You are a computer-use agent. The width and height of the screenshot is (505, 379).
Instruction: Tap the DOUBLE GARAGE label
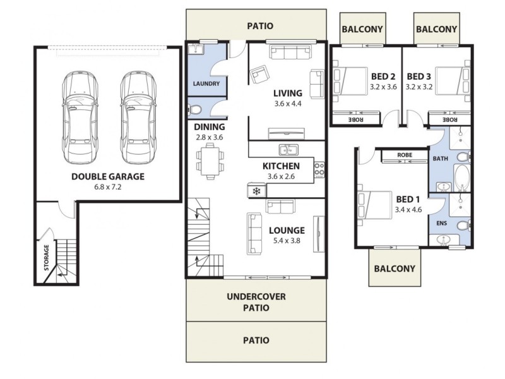point(107,177)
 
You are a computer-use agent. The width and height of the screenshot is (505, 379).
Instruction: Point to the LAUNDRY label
point(206,84)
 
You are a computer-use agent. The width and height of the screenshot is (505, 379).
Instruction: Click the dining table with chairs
point(209,159)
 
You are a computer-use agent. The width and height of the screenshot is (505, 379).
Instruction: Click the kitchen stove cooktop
point(319,169)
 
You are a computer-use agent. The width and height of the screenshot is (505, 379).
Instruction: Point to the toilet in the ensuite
point(462,225)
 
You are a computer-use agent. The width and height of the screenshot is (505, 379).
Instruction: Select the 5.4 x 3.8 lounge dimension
point(287,241)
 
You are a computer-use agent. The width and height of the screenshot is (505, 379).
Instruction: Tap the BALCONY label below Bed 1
point(395,268)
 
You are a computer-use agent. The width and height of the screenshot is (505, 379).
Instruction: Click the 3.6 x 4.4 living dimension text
point(288,104)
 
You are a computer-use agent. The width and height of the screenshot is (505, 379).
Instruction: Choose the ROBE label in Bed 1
point(405,155)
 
